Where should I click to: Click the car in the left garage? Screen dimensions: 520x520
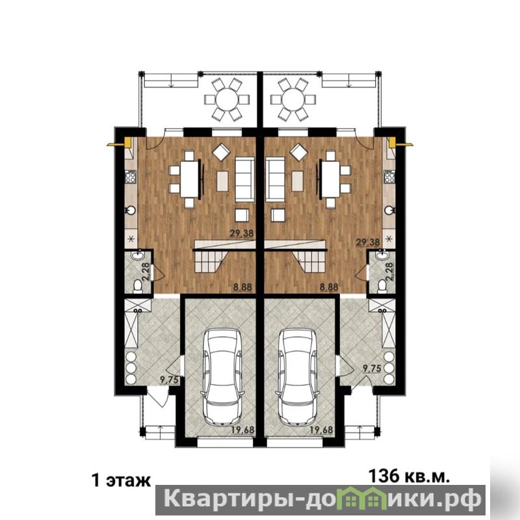(x=222, y=377)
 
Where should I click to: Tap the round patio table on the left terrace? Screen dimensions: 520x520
(x=227, y=99)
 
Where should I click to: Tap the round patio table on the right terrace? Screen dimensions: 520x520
(x=294, y=99)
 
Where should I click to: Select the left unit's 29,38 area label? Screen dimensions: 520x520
(x=242, y=233)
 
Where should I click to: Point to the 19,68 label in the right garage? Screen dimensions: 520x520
(x=321, y=430)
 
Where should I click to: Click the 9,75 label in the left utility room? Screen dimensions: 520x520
(x=169, y=380)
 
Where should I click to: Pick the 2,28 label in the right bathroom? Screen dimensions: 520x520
(x=389, y=272)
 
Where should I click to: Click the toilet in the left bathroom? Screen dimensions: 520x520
(x=137, y=286)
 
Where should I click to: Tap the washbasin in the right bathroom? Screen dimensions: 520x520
(x=382, y=255)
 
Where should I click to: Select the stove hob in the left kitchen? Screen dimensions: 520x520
(x=131, y=176)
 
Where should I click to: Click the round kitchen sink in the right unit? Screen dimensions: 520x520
(x=389, y=210)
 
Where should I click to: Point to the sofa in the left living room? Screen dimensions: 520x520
(x=245, y=179)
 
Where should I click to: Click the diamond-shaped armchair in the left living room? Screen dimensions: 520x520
(x=221, y=153)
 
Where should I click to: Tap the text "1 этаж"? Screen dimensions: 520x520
(x=121, y=480)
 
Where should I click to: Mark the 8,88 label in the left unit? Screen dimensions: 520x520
(x=242, y=287)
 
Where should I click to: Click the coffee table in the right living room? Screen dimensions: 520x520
(x=297, y=181)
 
